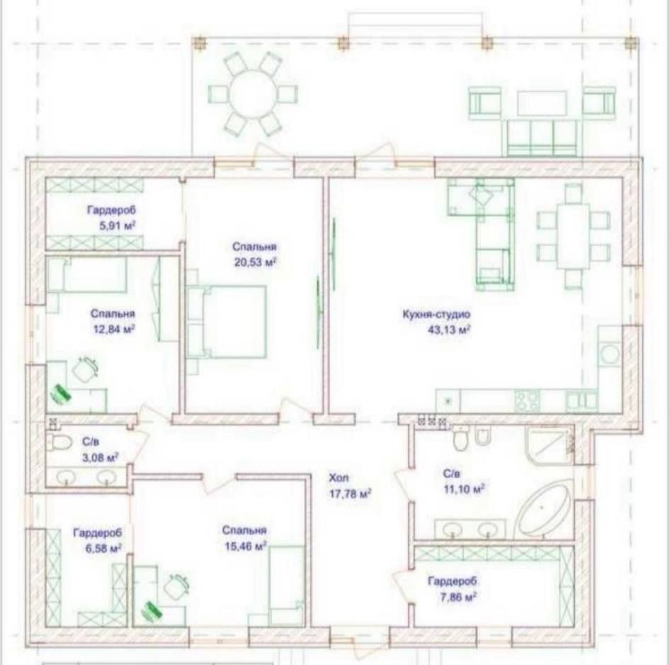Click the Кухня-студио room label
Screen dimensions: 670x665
click(x=436, y=314)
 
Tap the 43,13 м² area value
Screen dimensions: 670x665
click(x=448, y=329)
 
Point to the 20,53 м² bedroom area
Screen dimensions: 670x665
click(x=255, y=262)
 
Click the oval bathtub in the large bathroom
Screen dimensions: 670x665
click(x=543, y=509)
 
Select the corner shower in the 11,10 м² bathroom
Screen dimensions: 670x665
click(x=549, y=445)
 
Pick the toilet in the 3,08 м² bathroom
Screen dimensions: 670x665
click(x=59, y=442)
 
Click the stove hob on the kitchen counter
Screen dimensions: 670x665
click(x=527, y=401)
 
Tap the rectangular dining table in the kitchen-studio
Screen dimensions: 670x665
click(x=572, y=236)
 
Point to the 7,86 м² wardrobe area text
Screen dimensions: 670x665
click(x=458, y=597)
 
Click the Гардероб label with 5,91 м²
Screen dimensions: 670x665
click(x=111, y=211)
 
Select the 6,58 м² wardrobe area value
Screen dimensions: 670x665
click(x=104, y=548)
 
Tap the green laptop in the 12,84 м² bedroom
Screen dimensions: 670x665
click(x=61, y=393)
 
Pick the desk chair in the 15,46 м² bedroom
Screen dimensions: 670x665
click(x=176, y=586)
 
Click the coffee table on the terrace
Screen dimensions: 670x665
click(x=542, y=103)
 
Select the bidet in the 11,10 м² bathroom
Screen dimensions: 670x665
click(x=482, y=436)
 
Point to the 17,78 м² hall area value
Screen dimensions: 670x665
click(x=350, y=494)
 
